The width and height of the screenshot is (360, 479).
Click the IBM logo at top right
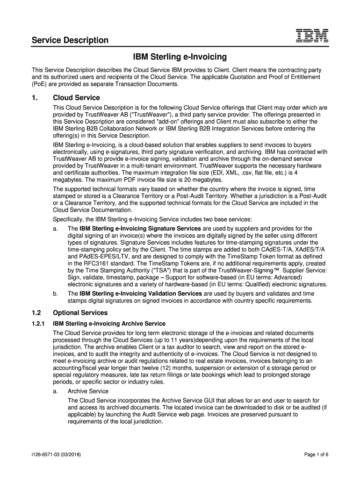tap(312, 37)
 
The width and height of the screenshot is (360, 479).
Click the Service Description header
tap(70, 40)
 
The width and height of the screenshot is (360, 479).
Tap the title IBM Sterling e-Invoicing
tap(180, 57)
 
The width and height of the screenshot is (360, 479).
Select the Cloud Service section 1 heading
tap(76, 98)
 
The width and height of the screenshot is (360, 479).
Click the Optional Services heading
tap(80, 312)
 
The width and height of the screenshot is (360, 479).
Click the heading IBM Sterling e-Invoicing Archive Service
tap(109, 323)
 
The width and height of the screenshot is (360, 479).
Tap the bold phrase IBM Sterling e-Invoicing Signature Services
tap(140, 228)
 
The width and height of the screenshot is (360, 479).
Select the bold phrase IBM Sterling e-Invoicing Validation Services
tap(141, 293)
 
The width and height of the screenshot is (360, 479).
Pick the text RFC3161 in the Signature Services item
tap(94, 264)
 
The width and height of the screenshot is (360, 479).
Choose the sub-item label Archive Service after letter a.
tap(88, 391)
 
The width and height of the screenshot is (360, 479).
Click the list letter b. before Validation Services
tap(56, 293)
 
